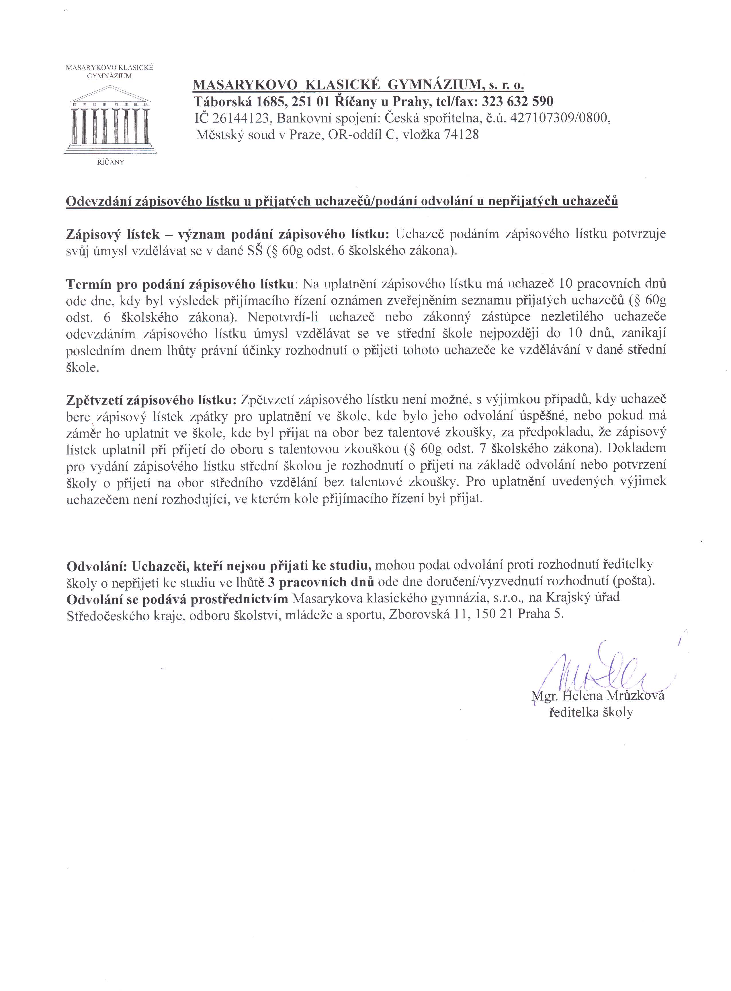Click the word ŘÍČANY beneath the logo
point(111,162)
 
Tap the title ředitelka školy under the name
point(591,712)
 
